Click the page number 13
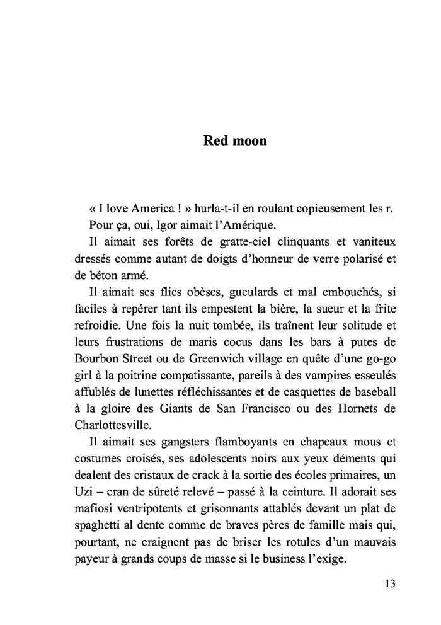click(x=389, y=583)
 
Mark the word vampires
click(x=305, y=376)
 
